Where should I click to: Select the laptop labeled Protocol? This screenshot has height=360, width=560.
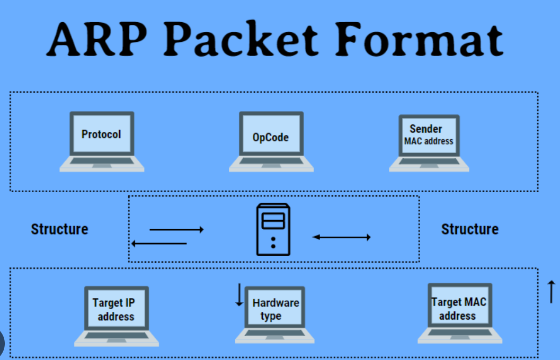pos(101,140)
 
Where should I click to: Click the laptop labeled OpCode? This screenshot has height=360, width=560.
pos(271,141)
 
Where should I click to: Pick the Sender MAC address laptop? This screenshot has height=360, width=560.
pos(429,142)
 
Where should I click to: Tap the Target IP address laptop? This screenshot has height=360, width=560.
pos(116,316)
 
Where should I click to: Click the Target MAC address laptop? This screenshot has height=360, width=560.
pos(459,312)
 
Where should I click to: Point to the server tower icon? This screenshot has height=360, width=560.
pos(273,229)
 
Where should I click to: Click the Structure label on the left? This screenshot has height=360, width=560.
pos(59,229)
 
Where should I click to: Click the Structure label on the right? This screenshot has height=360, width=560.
pos(469,229)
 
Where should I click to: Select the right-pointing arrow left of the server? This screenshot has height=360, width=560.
pos(176,229)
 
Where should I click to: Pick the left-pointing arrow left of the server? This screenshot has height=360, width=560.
pos(159,244)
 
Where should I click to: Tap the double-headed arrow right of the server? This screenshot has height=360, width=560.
pos(341,237)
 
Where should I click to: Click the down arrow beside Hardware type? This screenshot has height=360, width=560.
pos(239,295)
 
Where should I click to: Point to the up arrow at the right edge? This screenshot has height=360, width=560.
pos(551,292)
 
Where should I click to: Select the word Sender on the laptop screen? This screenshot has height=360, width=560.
pos(425,129)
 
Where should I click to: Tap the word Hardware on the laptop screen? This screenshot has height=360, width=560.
pos(275,303)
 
